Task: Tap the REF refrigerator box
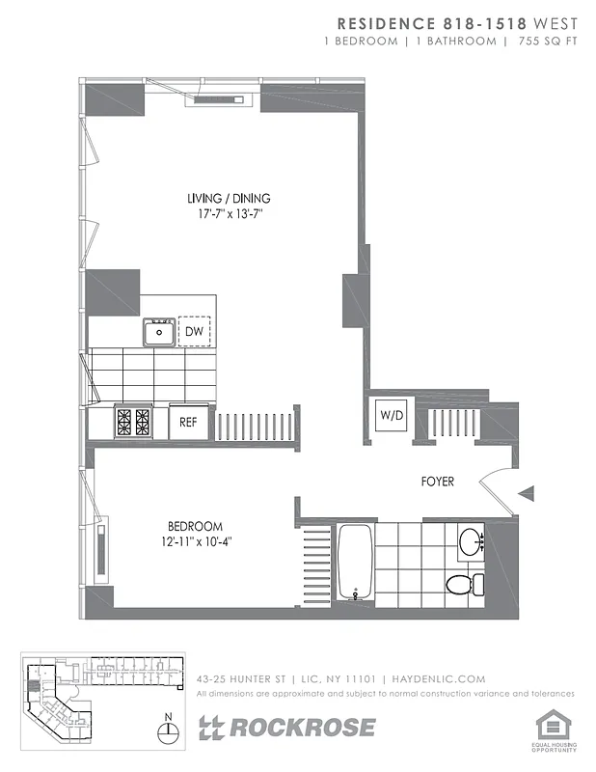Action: tap(189, 422)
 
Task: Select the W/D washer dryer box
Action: tap(392, 416)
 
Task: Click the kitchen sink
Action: tap(159, 333)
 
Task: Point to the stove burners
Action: tap(133, 422)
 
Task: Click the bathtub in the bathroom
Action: tap(355, 563)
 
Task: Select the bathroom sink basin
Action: tap(471, 539)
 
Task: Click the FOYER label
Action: tap(437, 482)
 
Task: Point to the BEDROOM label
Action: tap(195, 526)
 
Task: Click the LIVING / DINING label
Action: tap(229, 199)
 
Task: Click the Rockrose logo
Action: tap(286, 728)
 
